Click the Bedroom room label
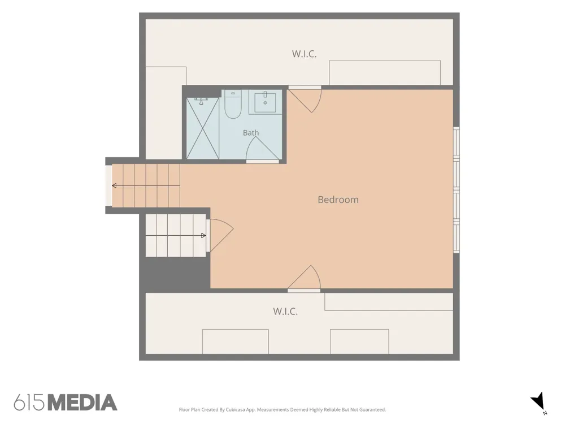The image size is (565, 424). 338,200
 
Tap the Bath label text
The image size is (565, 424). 251,133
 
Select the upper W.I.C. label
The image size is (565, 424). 304,54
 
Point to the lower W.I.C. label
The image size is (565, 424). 285,311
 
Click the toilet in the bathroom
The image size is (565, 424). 233,104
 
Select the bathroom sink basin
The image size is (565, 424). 265,102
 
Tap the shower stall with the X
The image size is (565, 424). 202,128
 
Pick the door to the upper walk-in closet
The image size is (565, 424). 305,99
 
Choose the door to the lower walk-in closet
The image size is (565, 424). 304,278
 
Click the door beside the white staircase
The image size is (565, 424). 220,235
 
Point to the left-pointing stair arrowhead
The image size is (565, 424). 114,185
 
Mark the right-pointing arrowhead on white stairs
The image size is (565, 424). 203,235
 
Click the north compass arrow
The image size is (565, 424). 538,401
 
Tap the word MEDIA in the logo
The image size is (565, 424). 82,403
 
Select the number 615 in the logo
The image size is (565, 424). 29,403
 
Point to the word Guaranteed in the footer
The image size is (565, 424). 373,409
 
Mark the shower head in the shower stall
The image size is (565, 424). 201,101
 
